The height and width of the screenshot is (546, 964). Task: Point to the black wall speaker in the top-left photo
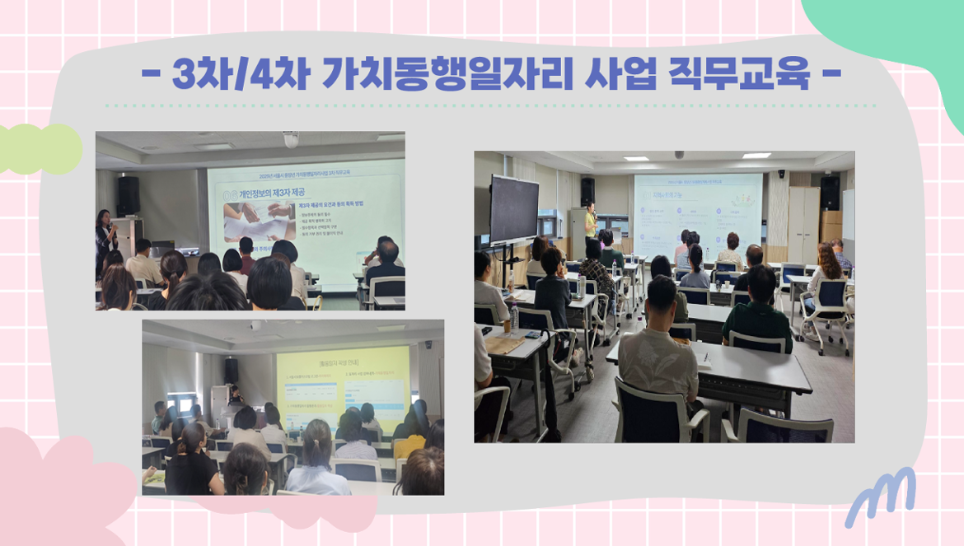click(x=128, y=195)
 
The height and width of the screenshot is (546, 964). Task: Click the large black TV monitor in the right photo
click(x=514, y=209)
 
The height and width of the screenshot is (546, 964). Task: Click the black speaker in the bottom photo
click(x=232, y=370)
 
